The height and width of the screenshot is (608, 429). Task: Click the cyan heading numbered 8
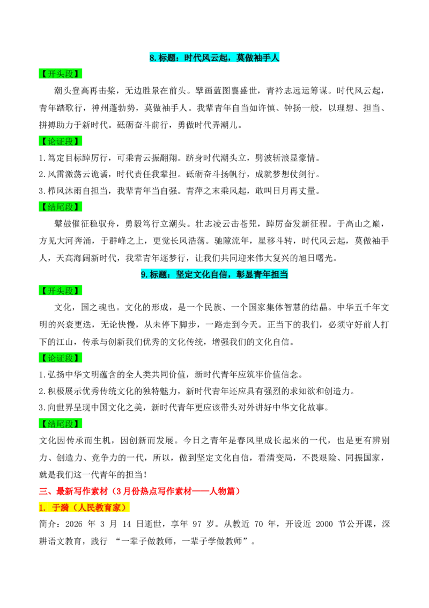pos(214,58)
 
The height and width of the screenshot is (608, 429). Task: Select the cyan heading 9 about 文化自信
pos(214,274)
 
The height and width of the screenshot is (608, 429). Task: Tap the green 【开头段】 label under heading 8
pos(61,74)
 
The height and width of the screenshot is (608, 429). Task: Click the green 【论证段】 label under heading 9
pos(61,358)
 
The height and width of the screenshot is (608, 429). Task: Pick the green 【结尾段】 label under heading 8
pos(61,207)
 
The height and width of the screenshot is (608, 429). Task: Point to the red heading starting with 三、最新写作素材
pos(140,491)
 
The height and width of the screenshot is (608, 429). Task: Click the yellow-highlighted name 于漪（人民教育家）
pos(84,508)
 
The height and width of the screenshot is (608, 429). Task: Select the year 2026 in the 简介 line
pos(73,524)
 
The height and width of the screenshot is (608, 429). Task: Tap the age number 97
pos(197,524)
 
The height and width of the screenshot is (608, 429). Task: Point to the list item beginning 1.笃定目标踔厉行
pos(180,158)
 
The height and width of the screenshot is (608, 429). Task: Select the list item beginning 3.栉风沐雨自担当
pos(180,191)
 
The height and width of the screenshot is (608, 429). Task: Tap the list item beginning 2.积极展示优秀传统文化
pos(197,391)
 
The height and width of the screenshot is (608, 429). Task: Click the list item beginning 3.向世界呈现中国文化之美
pos(184,408)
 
